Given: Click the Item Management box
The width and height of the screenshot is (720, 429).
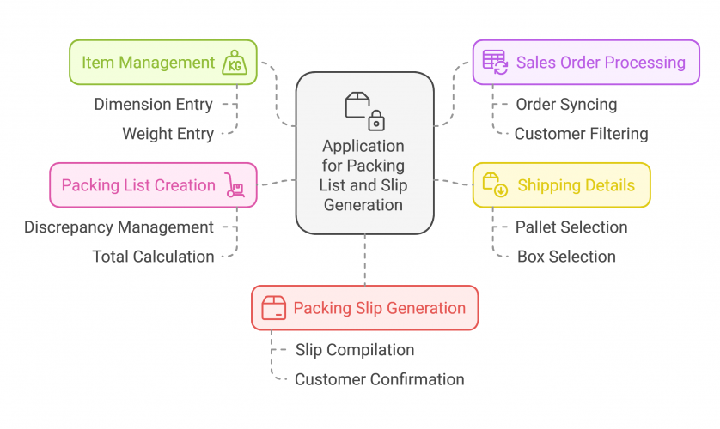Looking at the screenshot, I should [163, 63].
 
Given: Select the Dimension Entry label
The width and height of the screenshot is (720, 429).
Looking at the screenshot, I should [153, 105].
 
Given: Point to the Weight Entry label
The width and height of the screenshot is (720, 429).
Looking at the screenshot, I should [167, 134].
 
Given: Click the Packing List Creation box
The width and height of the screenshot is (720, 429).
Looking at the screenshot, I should [153, 185].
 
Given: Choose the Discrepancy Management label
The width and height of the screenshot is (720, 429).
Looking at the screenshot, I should [119, 227].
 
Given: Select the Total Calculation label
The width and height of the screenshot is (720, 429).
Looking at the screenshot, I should [153, 257].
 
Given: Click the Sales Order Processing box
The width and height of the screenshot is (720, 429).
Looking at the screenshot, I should [586, 63].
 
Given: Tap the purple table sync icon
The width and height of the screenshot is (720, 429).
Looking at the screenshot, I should [495, 63].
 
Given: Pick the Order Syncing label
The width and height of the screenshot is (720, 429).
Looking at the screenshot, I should [566, 105].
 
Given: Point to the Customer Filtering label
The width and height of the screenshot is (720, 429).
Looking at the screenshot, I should [581, 134].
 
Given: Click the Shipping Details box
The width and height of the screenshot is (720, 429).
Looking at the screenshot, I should [561, 185].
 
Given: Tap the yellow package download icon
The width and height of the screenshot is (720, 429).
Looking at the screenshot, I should [495, 185].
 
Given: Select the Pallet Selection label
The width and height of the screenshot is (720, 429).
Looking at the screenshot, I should [571, 227].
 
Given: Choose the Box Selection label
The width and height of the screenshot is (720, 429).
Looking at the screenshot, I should [566, 257].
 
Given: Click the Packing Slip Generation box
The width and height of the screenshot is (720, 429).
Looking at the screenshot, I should [364, 308].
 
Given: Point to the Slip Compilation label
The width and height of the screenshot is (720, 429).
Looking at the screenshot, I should [355, 350].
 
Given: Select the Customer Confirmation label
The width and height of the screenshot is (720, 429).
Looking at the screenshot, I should [379, 379].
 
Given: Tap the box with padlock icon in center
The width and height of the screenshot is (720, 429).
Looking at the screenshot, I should [364, 111].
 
